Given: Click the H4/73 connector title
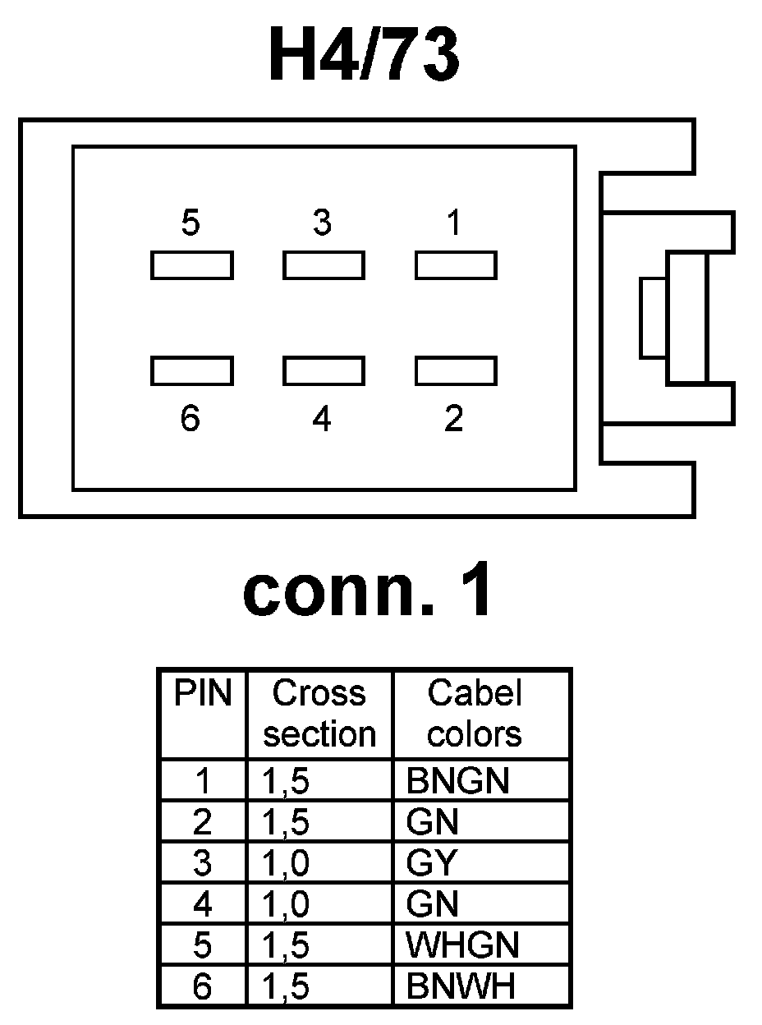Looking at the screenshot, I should (x=365, y=57).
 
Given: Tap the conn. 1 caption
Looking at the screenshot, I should (x=369, y=592).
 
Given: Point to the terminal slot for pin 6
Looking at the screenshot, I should (x=192, y=371).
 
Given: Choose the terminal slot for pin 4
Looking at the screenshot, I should (x=324, y=371).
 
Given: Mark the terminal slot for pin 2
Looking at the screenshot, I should (x=456, y=371).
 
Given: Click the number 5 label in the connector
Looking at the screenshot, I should (x=190, y=223).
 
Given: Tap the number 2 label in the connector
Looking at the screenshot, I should (x=454, y=420).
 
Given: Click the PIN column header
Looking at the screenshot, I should (x=203, y=694).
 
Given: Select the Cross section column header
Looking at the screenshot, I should (x=319, y=714).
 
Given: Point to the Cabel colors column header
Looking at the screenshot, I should (x=475, y=714).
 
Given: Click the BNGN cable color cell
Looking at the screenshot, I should (x=457, y=781).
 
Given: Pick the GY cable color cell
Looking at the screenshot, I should (x=431, y=863).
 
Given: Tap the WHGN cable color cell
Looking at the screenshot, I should (x=462, y=945).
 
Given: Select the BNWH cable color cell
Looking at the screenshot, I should (x=461, y=986).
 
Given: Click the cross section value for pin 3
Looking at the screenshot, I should (x=287, y=863).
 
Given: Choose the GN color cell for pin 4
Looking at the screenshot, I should (x=433, y=904).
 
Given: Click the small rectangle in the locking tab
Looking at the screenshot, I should (x=653, y=318).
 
